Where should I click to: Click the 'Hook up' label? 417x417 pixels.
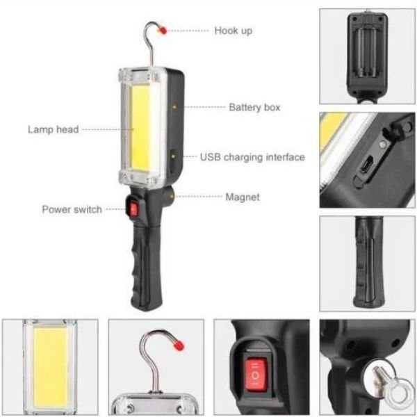coord(234,31)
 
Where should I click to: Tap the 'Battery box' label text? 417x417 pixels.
coord(254,108)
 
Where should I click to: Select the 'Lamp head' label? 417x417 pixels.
coord(54,129)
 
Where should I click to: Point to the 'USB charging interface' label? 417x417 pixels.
coord(252,157)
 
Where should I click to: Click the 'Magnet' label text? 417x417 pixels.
coord(243,197)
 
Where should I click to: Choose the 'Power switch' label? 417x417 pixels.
coord(72,210)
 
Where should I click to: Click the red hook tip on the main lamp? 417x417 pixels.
coord(163,31)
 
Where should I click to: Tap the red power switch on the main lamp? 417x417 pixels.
coord(133,209)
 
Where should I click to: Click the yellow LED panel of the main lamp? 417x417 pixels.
coord(140,128)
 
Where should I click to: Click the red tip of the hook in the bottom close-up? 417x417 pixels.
coord(179,345)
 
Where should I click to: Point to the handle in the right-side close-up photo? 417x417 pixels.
coord(368,263)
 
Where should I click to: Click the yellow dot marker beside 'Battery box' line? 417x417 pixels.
coord(174,107)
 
